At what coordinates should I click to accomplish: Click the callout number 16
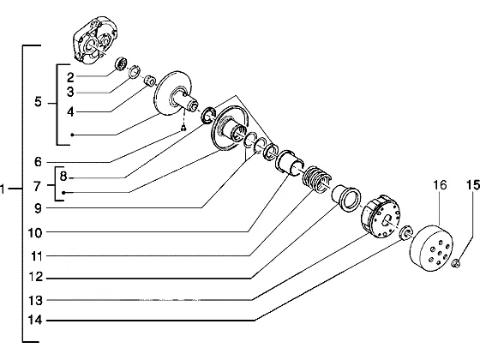pos(440,185)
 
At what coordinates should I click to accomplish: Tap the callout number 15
pos(473,185)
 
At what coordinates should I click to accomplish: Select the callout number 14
pos(35,321)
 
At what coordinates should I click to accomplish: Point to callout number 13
pos(35,300)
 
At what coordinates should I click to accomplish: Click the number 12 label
pos(35,277)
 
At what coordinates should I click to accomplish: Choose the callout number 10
pos(35,233)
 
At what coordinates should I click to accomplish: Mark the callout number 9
pos(38,208)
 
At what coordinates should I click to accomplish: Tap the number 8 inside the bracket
pos(63,177)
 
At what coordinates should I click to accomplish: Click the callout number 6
pos(38,162)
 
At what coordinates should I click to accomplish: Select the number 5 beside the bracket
pos(38,102)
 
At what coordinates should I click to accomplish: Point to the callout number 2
pos(70,77)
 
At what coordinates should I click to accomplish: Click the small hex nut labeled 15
pos(456,263)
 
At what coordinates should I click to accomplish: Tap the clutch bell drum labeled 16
pos(431,248)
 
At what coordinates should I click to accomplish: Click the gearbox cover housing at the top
pos(95,40)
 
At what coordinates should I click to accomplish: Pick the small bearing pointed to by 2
pos(121,63)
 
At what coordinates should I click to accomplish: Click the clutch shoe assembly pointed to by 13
pos(381,216)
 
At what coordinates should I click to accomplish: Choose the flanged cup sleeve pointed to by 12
pos(346,197)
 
